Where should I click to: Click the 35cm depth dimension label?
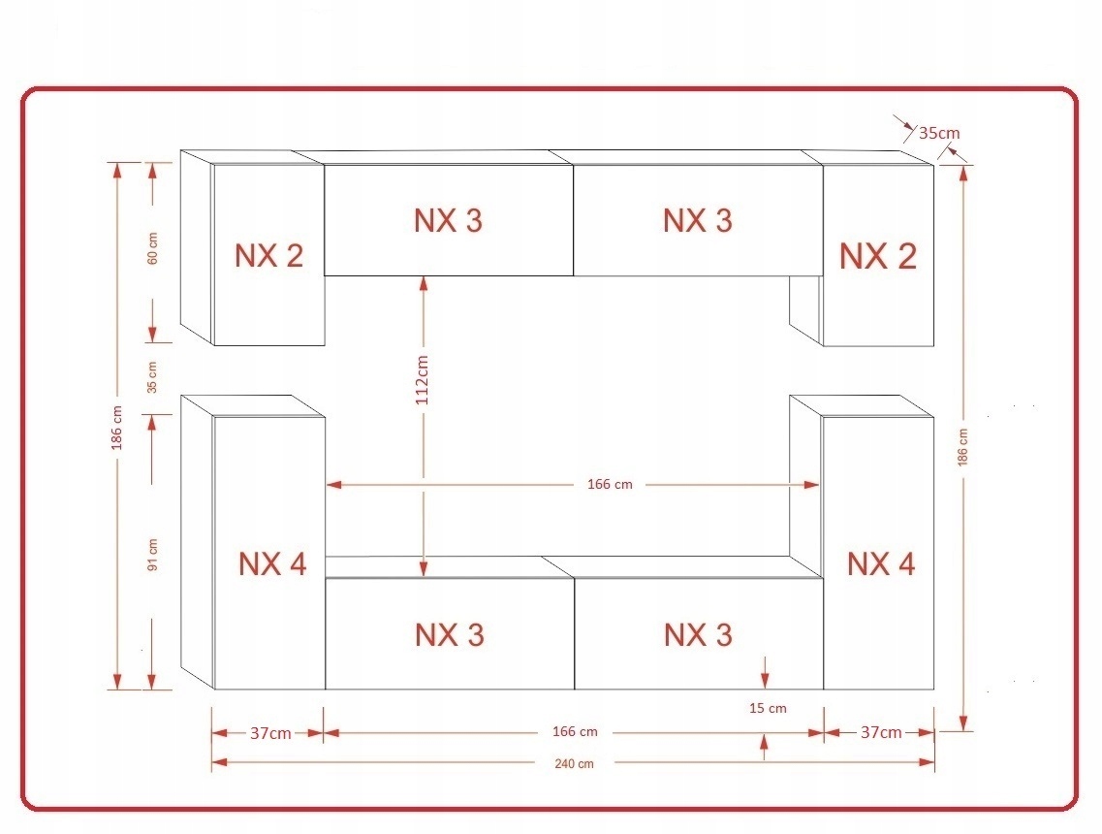(x=939, y=133)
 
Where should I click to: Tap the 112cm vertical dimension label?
(x=422, y=380)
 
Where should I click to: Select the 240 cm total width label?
(x=574, y=763)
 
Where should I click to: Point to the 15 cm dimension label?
(x=768, y=708)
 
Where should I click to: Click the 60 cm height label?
(x=152, y=248)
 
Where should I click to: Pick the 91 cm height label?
(x=152, y=554)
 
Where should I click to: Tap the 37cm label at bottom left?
(x=270, y=733)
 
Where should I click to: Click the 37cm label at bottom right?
(x=881, y=733)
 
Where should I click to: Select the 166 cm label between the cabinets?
(x=610, y=485)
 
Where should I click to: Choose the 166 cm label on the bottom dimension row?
(x=575, y=732)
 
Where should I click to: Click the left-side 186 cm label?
(x=116, y=428)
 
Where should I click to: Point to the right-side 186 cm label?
(x=962, y=447)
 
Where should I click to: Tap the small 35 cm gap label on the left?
(x=152, y=377)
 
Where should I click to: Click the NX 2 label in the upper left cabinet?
(x=269, y=256)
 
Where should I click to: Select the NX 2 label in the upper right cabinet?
(x=878, y=256)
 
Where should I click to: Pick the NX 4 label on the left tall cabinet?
(x=272, y=564)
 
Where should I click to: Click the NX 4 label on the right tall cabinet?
(x=881, y=564)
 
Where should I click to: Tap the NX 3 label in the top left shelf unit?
(x=449, y=221)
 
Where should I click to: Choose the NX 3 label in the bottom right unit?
(x=699, y=635)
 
